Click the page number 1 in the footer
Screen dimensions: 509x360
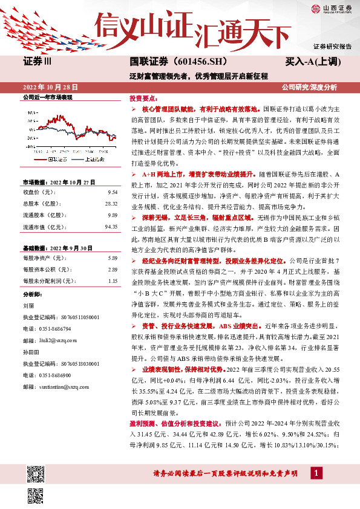(316, 472)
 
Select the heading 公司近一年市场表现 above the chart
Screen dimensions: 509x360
(47, 97)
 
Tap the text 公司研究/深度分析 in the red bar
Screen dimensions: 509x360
(309, 87)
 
